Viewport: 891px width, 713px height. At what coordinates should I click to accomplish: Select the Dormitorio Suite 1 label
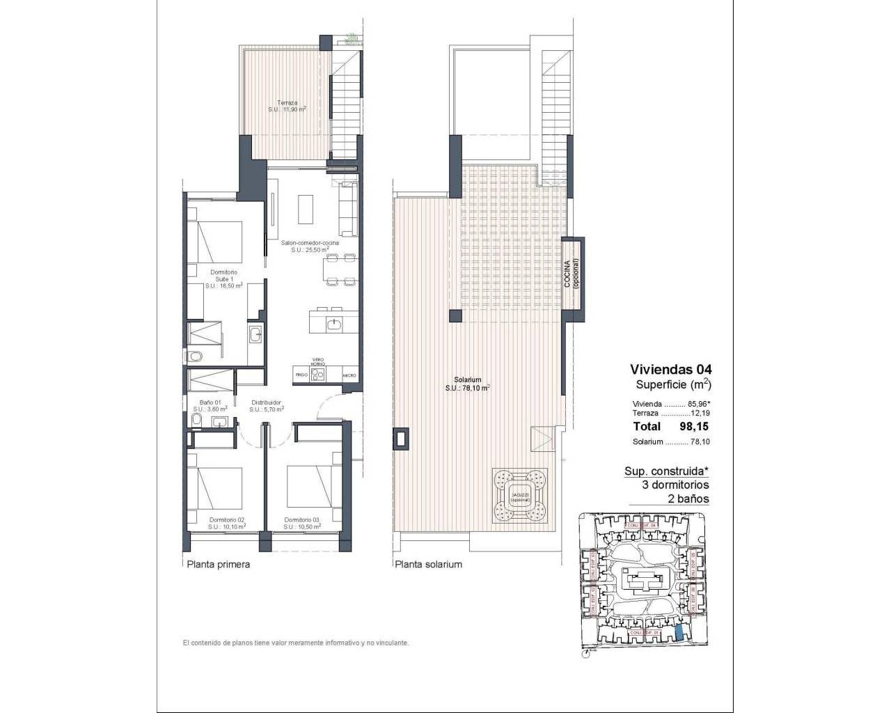pyautogui.click(x=223, y=279)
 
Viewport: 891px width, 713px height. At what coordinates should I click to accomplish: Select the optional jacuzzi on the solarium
pyautogui.click(x=520, y=495)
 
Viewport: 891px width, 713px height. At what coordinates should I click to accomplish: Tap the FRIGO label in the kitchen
pyautogui.click(x=301, y=375)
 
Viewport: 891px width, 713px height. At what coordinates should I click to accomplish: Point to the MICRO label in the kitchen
pyautogui.click(x=349, y=375)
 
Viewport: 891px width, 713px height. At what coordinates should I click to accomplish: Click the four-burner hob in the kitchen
pyautogui.click(x=317, y=374)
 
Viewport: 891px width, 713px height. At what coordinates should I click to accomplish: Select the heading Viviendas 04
pyautogui.click(x=670, y=369)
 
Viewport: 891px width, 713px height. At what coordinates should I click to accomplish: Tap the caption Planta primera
pyautogui.click(x=218, y=565)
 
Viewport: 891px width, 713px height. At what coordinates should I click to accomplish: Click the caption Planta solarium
pyautogui.click(x=428, y=565)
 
